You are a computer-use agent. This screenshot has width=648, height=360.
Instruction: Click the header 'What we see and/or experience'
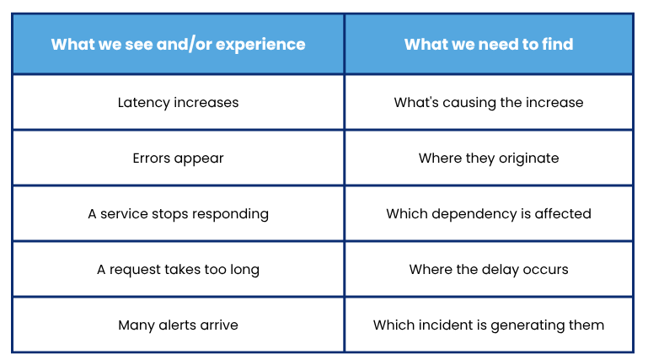(x=178, y=44)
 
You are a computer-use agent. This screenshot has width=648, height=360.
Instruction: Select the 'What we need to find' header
(x=489, y=44)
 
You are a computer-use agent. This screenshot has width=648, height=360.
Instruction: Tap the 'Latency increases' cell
(x=178, y=103)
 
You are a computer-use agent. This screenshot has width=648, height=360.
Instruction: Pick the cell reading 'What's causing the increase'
(x=489, y=103)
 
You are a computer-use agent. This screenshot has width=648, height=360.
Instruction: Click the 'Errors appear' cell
(x=178, y=159)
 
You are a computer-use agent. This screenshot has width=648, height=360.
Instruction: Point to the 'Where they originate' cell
(x=489, y=159)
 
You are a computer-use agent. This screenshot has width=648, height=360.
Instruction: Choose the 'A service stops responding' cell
(x=178, y=214)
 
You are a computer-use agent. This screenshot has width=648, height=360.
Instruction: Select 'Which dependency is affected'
(x=489, y=214)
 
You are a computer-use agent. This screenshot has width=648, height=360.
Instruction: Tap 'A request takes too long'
(x=178, y=270)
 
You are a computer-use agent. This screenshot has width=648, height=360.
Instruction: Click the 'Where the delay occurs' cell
(x=489, y=270)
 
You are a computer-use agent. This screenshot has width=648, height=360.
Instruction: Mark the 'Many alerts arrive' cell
(x=178, y=325)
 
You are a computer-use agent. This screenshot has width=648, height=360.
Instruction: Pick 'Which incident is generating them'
(x=489, y=325)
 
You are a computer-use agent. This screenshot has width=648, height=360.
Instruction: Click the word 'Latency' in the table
(x=144, y=103)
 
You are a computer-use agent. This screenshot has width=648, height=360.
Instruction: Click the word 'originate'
(x=529, y=159)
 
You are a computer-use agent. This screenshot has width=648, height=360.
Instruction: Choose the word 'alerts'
(x=177, y=325)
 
